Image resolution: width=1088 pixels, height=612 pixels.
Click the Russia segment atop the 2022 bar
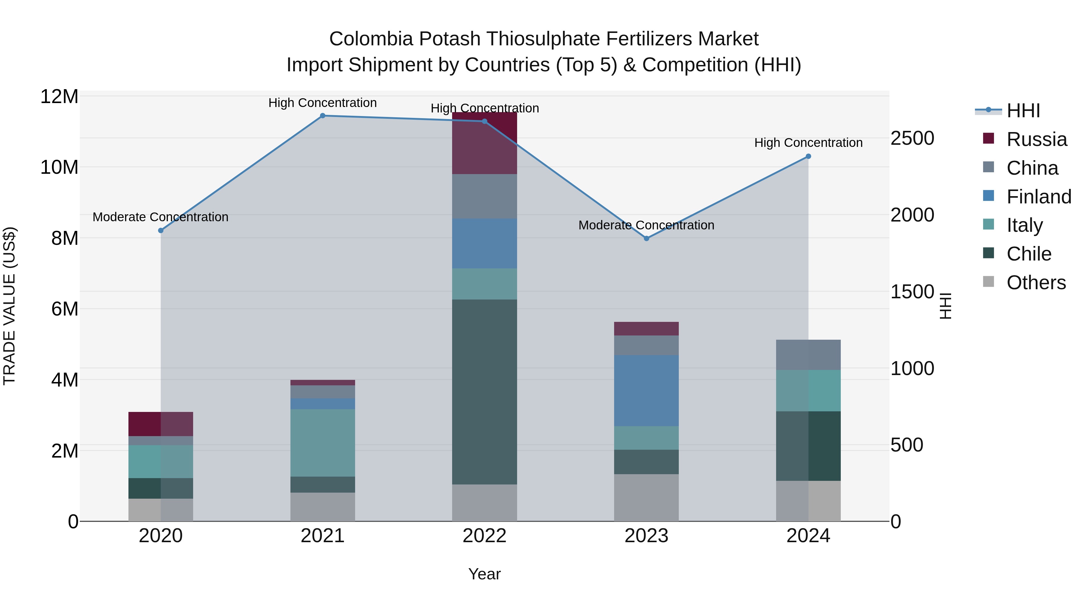484,143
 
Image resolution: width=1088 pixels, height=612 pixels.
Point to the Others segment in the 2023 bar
646,497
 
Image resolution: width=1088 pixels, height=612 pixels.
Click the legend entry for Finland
1038,197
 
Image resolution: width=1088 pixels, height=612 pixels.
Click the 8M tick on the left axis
65,238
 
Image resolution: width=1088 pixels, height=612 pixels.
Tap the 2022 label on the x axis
484,536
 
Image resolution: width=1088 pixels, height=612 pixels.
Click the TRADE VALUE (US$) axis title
9,306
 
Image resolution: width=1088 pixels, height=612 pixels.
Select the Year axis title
484,574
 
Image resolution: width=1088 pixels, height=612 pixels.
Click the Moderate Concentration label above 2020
160,217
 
